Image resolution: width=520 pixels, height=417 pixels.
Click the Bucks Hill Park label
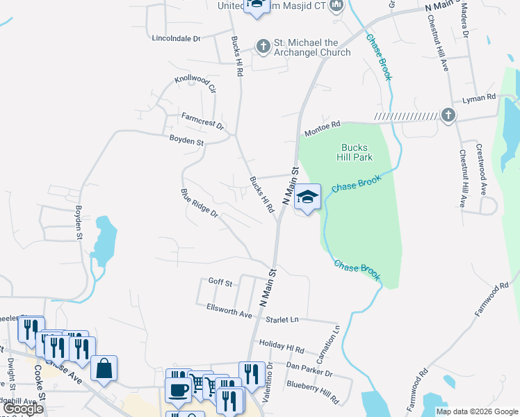[x=357, y=152]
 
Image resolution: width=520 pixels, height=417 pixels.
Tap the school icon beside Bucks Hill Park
[x=307, y=197]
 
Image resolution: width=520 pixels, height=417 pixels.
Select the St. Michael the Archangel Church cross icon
[x=263, y=47]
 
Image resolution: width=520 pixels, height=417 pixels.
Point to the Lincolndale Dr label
[x=176, y=38]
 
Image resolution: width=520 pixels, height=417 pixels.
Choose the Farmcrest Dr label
[x=203, y=121]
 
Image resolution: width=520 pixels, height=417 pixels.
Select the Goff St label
[x=220, y=281]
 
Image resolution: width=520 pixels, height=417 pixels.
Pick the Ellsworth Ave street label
[x=229, y=310]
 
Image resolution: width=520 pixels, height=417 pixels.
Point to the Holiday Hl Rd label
[x=281, y=345]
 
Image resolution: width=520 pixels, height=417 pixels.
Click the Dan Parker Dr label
[x=309, y=368]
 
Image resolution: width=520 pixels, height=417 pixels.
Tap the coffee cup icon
[x=178, y=389]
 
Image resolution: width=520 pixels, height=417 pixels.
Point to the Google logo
[x=23, y=409]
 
